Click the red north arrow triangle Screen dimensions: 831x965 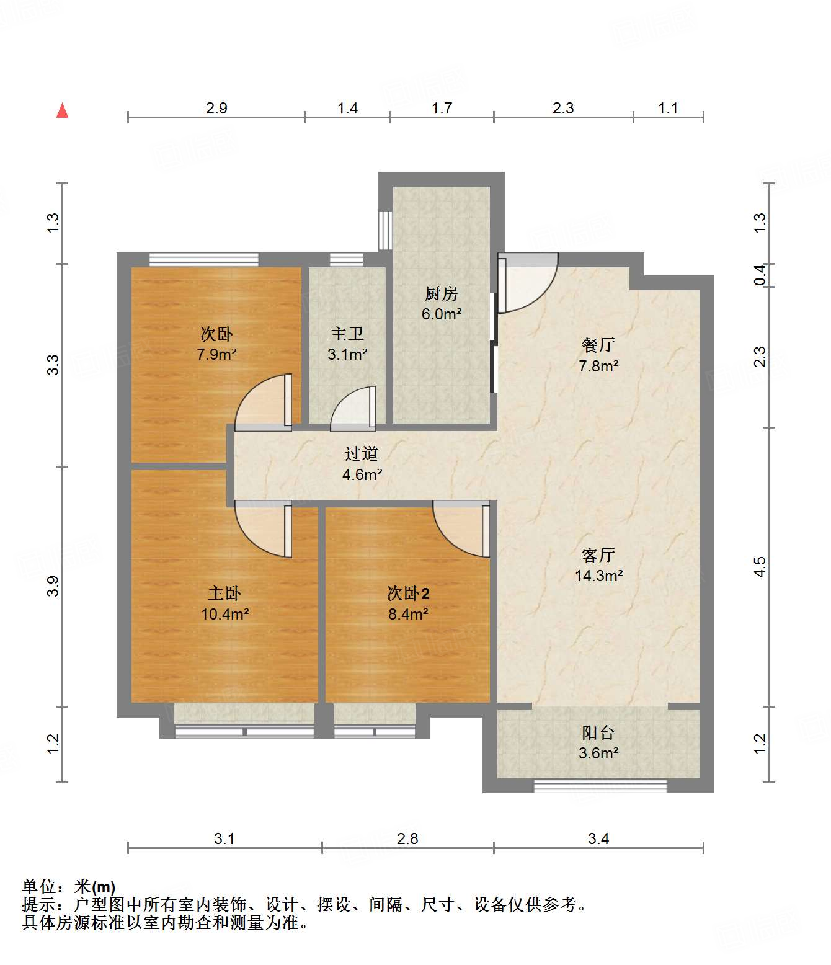tap(63, 110)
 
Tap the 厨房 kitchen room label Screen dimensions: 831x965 tap(441, 293)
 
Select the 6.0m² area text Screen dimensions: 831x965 tap(442, 314)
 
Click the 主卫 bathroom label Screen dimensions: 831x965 tap(347, 334)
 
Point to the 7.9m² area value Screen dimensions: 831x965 tap(216, 354)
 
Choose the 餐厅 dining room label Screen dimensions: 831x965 tap(598, 345)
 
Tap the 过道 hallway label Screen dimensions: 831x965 tap(362, 453)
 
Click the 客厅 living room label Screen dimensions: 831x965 tap(598, 555)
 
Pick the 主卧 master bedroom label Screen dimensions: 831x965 tap(224, 594)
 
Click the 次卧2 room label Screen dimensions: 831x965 tap(408, 594)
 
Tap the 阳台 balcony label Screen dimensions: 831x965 tap(598, 732)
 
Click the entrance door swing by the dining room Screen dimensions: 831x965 tap(528, 283)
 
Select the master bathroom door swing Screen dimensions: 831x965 tap(353, 407)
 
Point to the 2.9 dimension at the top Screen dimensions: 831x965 tap(216, 109)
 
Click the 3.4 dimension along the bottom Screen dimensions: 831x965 tap(598, 839)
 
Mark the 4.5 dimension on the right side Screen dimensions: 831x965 tap(760, 567)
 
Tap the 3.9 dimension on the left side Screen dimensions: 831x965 tap(53, 586)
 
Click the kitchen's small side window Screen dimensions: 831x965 tap(385, 231)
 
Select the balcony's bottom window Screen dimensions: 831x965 tap(600, 786)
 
